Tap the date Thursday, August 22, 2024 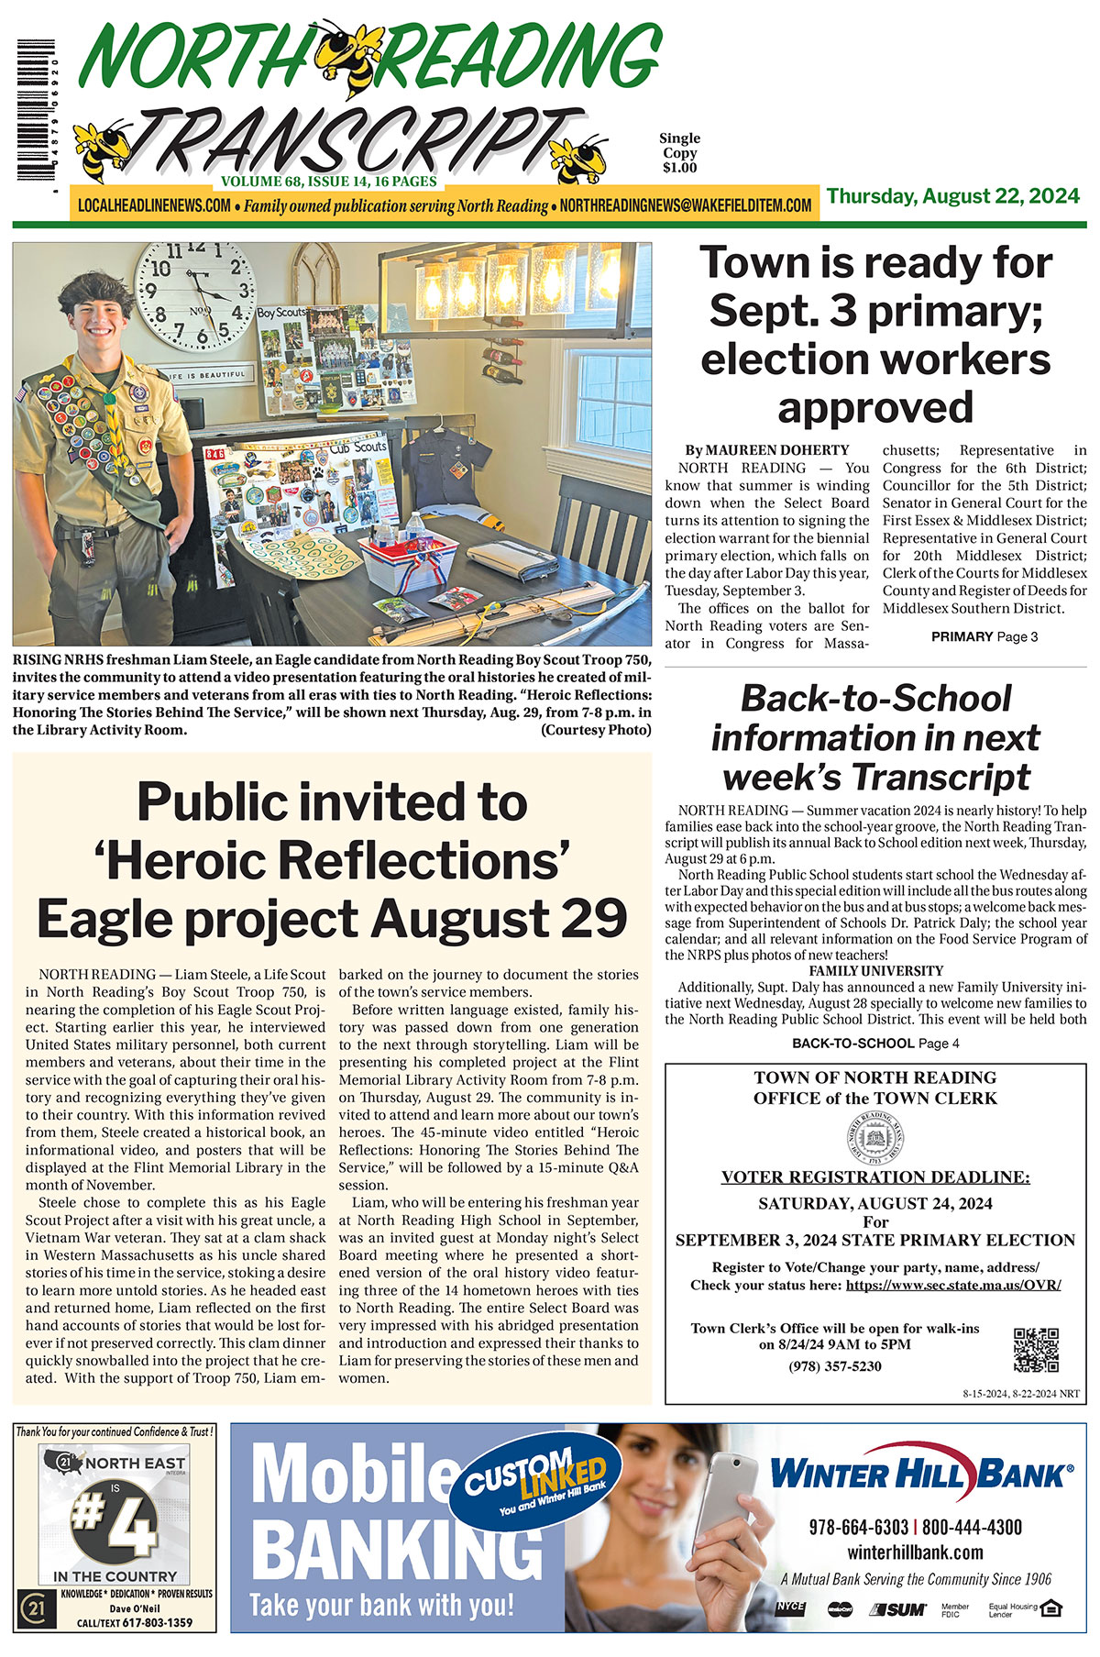[953, 196]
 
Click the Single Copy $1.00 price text [679, 153]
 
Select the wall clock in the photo [196, 294]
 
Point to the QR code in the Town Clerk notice [1036, 1349]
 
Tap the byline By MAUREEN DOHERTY [767, 450]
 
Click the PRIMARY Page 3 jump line [984, 636]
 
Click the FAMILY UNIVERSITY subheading [875, 970]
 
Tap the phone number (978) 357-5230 [835, 1366]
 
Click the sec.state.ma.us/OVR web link [953, 1285]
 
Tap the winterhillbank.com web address [915, 1552]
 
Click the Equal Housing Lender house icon [1051, 1608]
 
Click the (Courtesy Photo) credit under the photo [596, 730]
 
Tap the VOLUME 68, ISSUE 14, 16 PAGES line [328, 182]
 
